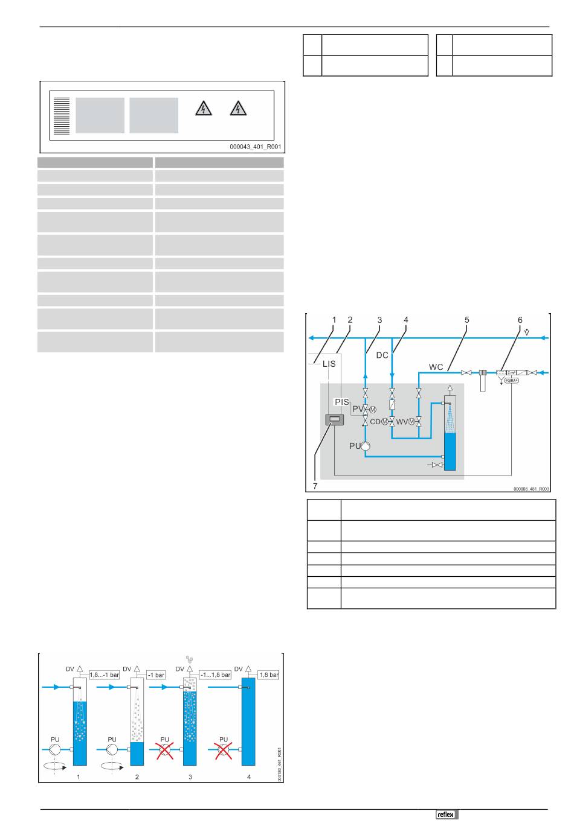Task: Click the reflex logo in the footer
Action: pos(447,815)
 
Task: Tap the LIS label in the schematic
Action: pos(329,364)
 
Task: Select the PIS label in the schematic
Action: pos(342,402)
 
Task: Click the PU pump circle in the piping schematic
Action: pos(365,446)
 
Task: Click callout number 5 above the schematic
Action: pos(467,320)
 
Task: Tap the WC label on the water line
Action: pos(436,366)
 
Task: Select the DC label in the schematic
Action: pos(382,355)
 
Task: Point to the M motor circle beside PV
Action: pos(373,410)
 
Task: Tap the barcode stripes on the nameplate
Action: pos(61,115)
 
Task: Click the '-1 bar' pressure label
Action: pos(156,675)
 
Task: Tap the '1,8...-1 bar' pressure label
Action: pos(104,675)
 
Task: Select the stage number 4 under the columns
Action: pos(249,777)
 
